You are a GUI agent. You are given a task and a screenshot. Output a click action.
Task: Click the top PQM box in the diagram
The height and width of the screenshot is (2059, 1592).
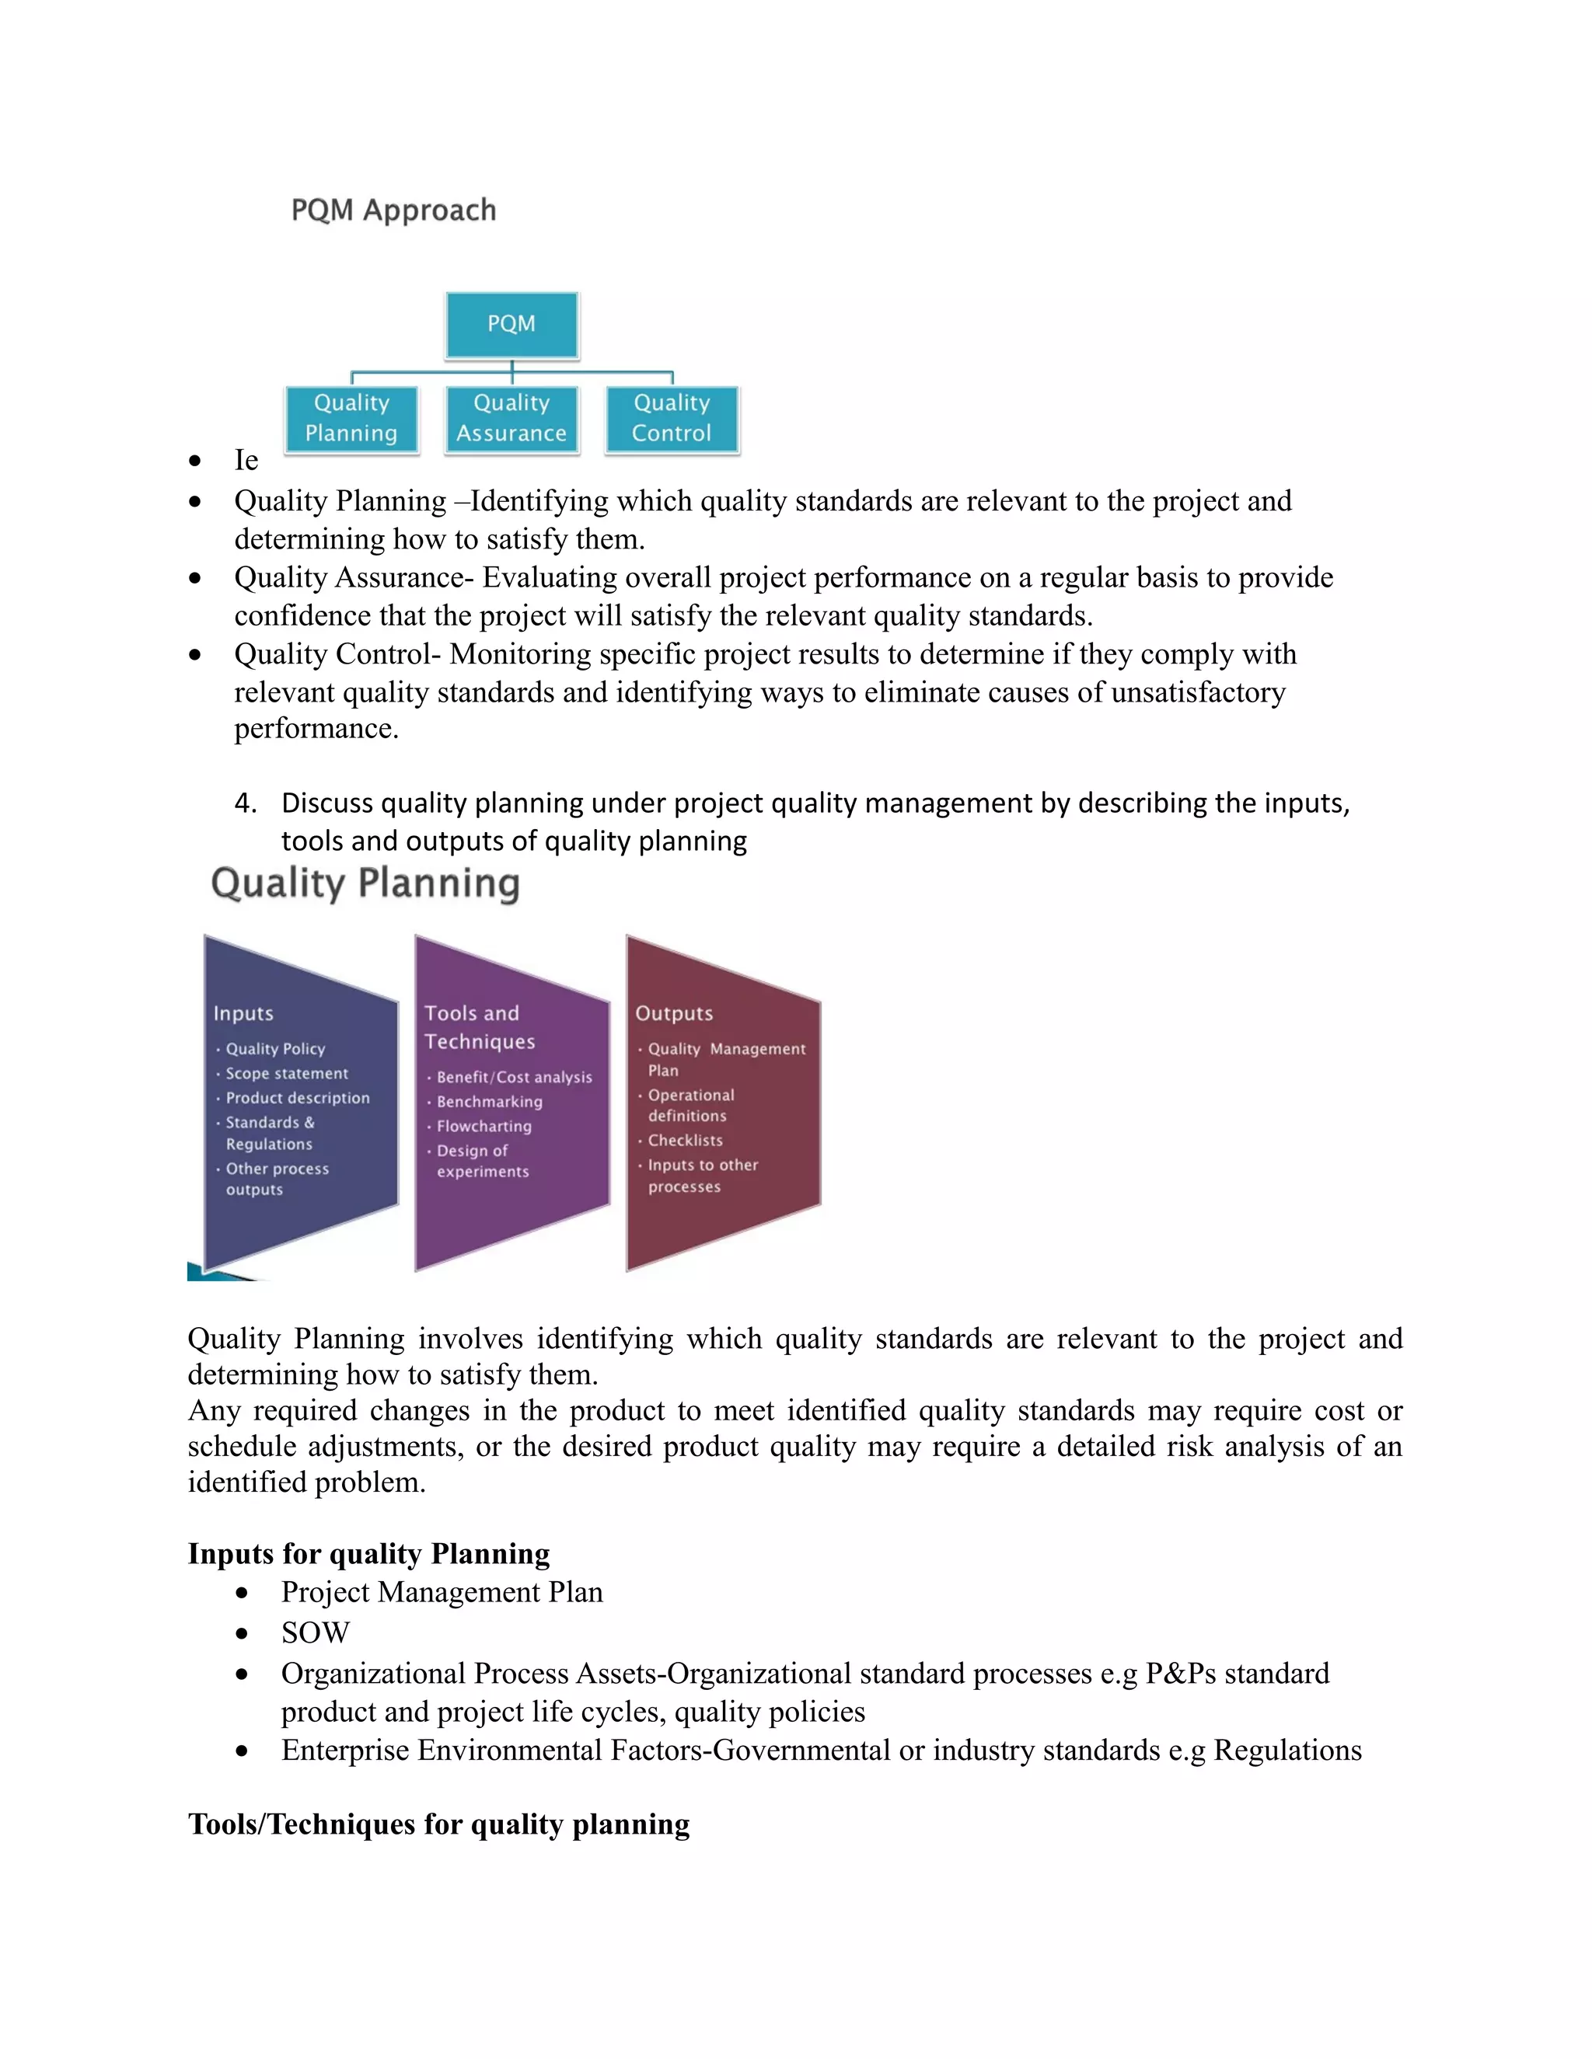(511, 324)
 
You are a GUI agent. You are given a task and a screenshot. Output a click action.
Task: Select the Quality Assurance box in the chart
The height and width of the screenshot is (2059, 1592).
(511, 419)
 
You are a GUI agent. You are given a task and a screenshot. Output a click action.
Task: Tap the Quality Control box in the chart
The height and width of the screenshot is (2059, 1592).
(672, 419)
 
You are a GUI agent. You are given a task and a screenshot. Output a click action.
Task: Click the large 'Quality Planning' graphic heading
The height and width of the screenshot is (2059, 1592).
(365, 884)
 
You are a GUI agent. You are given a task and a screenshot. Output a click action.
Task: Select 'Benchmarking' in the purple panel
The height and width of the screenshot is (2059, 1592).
(490, 1101)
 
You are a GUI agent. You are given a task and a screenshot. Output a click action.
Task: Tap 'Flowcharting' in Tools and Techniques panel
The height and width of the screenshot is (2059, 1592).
(484, 1126)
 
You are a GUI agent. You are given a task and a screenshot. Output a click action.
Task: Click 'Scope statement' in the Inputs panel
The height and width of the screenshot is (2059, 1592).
(287, 1073)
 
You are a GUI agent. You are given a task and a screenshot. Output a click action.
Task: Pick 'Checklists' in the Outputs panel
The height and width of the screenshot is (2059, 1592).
(685, 1140)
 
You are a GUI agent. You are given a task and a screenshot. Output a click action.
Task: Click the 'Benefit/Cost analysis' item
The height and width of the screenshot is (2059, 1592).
(514, 1077)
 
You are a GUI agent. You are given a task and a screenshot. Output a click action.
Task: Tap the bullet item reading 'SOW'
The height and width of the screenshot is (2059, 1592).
(315, 1633)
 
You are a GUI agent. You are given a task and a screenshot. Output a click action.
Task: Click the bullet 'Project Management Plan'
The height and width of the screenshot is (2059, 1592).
(442, 1592)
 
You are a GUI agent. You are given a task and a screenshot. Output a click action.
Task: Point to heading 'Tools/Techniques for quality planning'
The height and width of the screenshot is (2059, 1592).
(438, 1824)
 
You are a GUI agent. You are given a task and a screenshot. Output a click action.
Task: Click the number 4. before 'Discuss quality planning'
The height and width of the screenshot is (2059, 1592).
(245, 803)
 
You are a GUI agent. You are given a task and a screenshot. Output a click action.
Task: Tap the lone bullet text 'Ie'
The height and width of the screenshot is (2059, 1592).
(246, 460)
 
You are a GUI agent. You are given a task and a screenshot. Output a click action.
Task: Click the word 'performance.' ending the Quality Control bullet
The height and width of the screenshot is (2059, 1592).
(316, 729)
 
